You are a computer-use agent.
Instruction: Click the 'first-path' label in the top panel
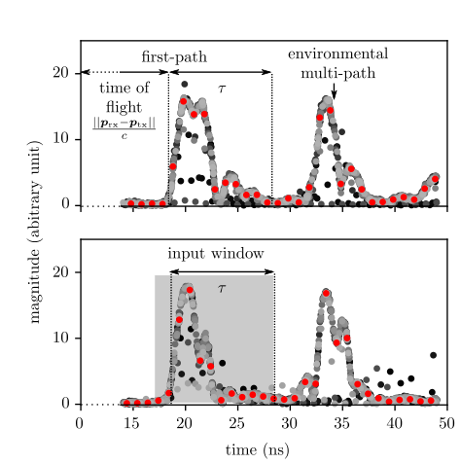174,57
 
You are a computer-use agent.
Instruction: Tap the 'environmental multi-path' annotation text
337,63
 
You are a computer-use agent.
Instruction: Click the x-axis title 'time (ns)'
263,450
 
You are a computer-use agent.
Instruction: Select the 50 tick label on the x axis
446,424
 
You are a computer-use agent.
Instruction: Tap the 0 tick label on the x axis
80,424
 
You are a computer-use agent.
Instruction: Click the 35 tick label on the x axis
341,424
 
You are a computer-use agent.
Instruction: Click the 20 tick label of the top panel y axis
60,73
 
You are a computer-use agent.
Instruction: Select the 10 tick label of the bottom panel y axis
60,338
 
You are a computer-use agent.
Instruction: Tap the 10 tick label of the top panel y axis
60,139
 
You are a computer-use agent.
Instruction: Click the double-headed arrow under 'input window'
223,272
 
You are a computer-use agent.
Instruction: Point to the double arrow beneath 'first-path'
221,72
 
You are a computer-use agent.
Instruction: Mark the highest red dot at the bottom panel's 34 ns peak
326,293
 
